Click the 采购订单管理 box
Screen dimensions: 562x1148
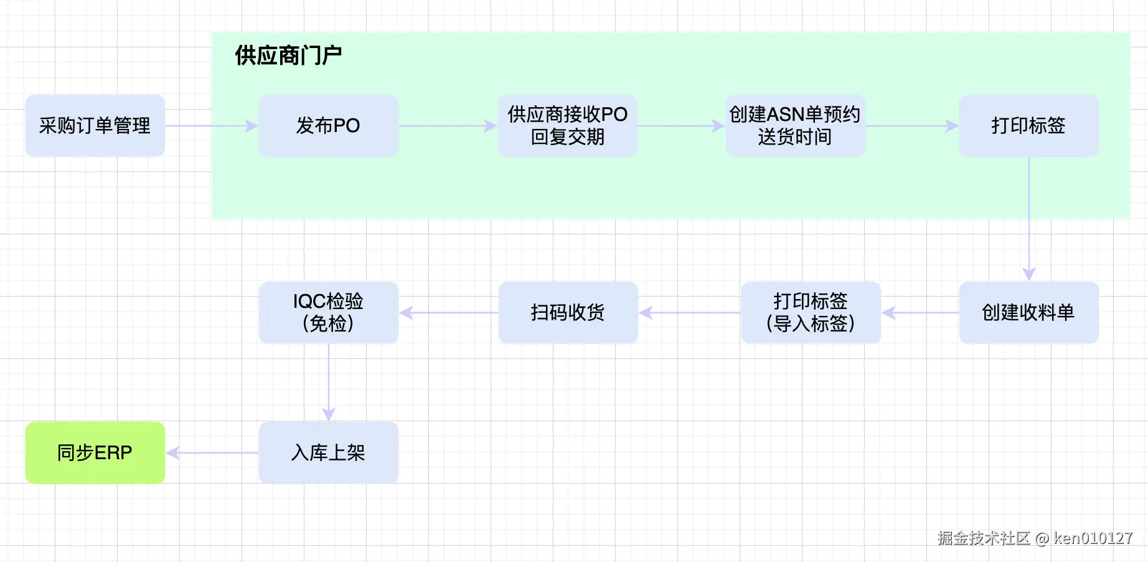95,126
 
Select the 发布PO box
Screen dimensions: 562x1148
328,126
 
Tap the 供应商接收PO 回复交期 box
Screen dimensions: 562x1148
567,126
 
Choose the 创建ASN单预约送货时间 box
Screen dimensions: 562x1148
795,126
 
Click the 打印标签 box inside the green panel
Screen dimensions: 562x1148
1028,126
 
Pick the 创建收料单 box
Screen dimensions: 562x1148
1028,312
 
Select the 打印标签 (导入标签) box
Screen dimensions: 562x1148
811,312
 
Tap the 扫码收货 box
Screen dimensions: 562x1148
568,312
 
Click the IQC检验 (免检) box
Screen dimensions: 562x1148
328,312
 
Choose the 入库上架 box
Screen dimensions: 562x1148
328,452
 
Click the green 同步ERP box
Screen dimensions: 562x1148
95,452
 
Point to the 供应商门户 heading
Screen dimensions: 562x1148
288,56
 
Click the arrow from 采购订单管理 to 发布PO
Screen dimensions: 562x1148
212,126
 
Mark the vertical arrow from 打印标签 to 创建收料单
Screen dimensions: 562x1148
1028,218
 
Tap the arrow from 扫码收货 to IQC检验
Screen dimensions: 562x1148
448,313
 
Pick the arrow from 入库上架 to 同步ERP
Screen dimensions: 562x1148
212,453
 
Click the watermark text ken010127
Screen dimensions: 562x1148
1093,538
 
